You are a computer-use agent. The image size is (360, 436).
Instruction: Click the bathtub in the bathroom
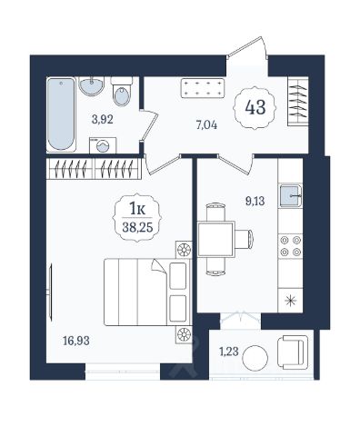[x=61, y=114]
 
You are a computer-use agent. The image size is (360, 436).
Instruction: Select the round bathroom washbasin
[x=92, y=85]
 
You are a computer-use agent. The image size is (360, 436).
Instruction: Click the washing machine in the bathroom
[x=103, y=145]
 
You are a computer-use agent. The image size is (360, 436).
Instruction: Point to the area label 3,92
[x=103, y=119]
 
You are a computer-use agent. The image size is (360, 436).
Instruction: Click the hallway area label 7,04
[x=206, y=124]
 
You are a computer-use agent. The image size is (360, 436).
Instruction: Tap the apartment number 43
[x=255, y=107]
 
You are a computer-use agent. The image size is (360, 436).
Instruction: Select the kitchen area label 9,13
[x=255, y=201]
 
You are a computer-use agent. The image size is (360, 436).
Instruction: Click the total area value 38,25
[x=137, y=227]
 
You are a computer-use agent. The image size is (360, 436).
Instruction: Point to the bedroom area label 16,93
[x=76, y=341]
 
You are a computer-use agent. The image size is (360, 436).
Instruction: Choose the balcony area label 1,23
[x=229, y=352]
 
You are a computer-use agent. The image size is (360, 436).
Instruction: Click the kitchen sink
[x=291, y=195]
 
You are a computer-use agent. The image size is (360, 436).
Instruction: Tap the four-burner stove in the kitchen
[x=291, y=246]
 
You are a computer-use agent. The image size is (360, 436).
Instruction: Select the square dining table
[x=216, y=239]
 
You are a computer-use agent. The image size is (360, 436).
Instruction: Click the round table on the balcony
[x=255, y=358]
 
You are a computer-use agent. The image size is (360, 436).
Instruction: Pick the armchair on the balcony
[x=293, y=352]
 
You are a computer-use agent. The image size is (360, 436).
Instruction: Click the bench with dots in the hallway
[x=203, y=88]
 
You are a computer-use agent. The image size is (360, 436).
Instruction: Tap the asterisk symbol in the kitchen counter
[x=291, y=301]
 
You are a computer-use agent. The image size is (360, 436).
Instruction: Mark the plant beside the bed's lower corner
[x=184, y=334]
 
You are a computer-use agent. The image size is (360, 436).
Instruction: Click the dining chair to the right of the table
[x=245, y=239]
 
